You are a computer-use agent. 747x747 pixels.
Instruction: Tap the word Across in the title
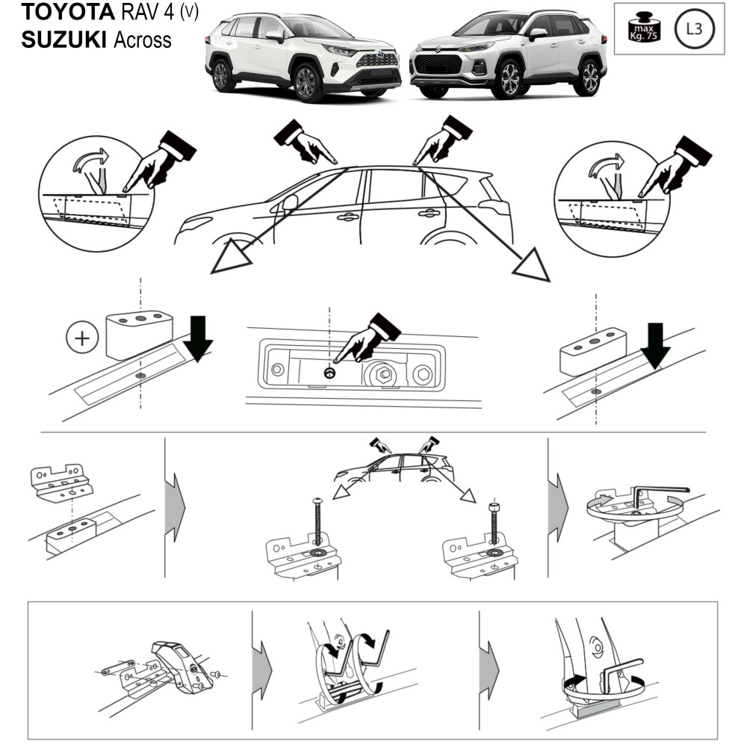click(x=143, y=39)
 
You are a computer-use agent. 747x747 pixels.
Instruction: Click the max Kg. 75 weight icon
click(x=641, y=29)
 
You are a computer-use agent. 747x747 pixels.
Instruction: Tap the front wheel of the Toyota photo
click(x=307, y=82)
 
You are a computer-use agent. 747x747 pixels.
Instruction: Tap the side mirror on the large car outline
click(x=290, y=202)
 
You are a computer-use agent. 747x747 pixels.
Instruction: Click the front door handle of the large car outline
click(x=347, y=217)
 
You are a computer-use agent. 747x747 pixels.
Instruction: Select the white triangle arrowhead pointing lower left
click(x=229, y=257)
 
